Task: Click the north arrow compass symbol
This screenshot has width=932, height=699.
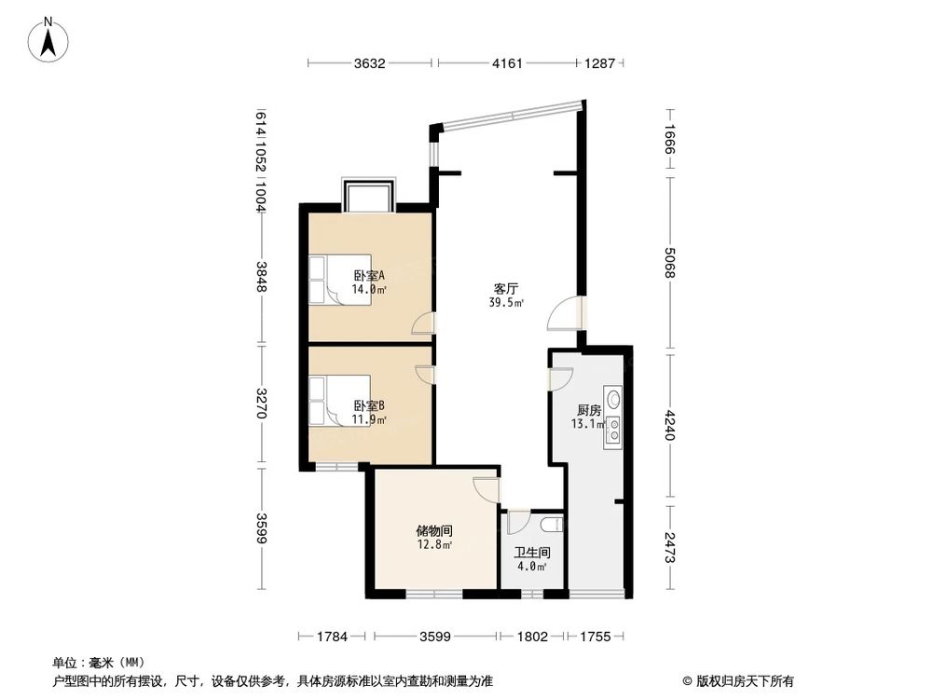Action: coord(48,41)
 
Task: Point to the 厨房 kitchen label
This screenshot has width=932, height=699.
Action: coord(588,410)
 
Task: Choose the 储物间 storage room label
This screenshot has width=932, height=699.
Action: coord(433,530)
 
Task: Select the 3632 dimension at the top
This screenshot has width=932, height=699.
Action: coord(370,63)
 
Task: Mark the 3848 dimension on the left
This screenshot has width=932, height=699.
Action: coord(262,277)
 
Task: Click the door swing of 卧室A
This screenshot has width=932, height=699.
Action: coord(424,323)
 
